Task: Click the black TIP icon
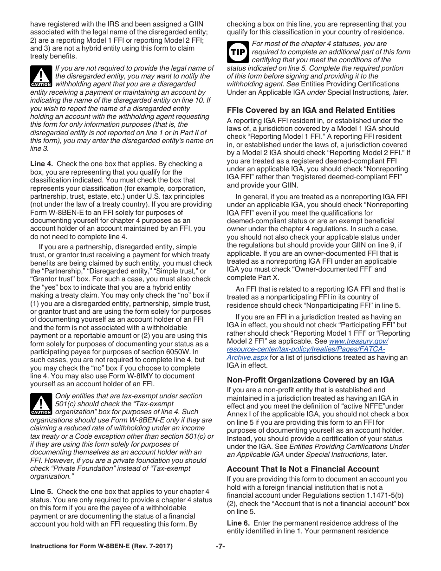(x=238, y=52)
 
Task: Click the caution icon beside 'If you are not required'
(x=41, y=76)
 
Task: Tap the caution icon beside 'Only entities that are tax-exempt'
(x=41, y=404)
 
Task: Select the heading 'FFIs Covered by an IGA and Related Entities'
(x=311, y=110)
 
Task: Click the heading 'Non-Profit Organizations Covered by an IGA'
(x=310, y=380)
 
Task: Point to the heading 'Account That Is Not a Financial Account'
(x=303, y=469)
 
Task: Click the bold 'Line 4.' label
(x=41, y=164)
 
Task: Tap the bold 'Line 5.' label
(x=41, y=492)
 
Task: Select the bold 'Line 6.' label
(x=238, y=523)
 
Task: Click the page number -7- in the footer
(x=220, y=546)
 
